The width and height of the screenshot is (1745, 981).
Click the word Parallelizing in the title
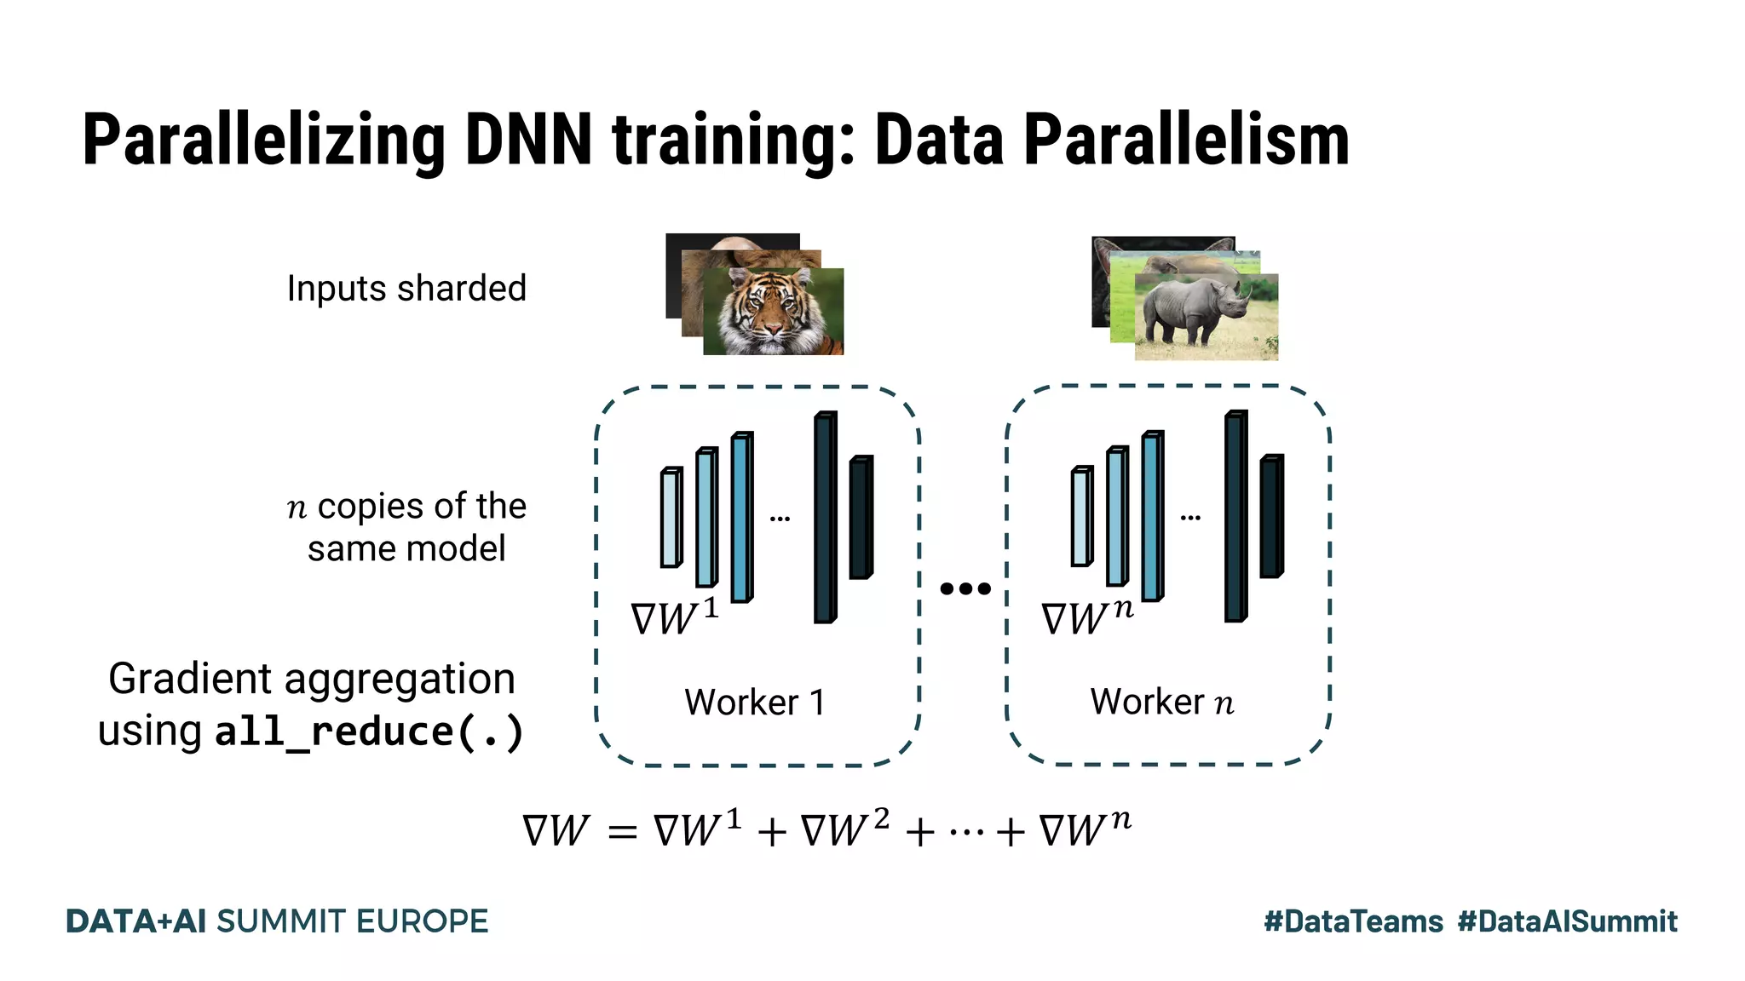263,141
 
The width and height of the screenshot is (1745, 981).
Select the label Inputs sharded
406,289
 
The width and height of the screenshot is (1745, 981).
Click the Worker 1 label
755,703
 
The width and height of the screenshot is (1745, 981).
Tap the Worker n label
1162,703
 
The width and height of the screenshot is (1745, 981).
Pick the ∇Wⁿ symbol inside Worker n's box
1087,617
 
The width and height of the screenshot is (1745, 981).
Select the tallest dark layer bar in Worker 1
825,518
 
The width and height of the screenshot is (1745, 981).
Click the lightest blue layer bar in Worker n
1082,517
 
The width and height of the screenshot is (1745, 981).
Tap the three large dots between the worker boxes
965,588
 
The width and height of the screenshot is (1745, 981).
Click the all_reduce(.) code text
369,732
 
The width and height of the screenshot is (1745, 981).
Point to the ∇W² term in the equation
844,829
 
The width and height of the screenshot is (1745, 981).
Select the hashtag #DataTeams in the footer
1353,921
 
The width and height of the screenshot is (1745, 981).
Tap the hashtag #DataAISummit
1567,921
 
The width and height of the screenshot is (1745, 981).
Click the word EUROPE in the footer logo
422,921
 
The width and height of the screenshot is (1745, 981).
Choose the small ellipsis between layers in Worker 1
780,518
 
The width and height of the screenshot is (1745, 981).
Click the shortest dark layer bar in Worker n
1271,517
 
